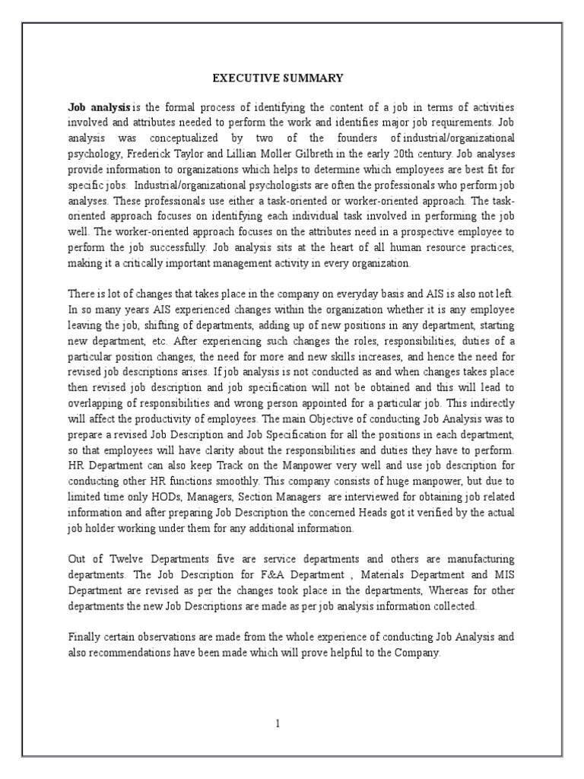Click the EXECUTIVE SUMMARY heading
tap(277, 78)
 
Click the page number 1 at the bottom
tap(278, 723)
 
